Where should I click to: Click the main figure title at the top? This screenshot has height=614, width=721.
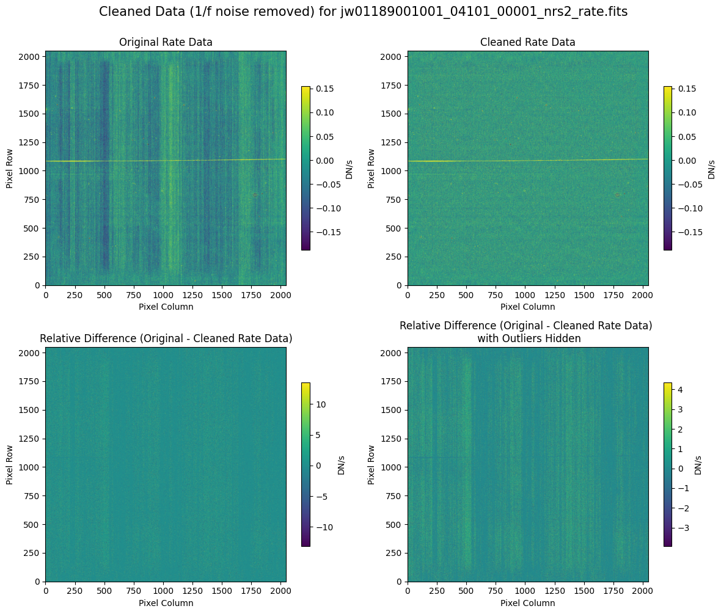click(363, 12)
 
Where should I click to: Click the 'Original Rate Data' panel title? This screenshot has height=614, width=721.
click(166, 42)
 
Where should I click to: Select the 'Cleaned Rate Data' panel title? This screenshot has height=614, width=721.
click(527, 42)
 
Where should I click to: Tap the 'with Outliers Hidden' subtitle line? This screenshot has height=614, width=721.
click(526, 338)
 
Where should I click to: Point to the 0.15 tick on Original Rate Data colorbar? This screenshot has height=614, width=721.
click(324, 89)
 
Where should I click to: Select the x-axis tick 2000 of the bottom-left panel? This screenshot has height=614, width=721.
click(280, 591)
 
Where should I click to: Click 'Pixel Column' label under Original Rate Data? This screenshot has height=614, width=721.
click(166, 307)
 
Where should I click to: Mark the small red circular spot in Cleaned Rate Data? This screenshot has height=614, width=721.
click(617, 195)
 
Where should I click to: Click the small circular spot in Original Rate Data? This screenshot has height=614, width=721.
click(255, 195)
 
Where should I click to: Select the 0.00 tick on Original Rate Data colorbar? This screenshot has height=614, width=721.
click(324, 161)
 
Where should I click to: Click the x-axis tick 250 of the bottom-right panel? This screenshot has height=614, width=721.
click(437, 591)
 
